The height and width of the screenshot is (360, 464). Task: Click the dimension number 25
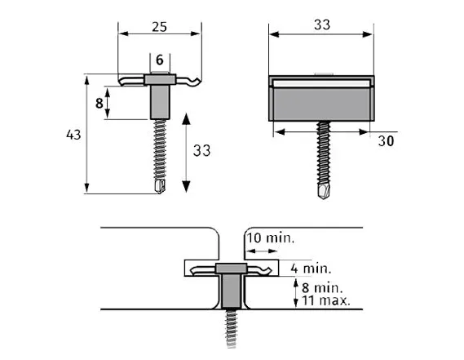click(160, 28)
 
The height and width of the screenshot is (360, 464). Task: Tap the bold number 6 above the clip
click(160, 60)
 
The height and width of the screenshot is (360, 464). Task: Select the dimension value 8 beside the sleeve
click(99, 103)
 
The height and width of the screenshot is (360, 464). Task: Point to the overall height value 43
click(73, 135)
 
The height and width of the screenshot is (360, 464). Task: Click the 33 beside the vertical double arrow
click(201, 149)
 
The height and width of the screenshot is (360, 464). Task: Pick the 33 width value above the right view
click(321, 24)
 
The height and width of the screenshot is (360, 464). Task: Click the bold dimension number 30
click(387, 140)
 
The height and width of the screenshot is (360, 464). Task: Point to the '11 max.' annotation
click(324, 300)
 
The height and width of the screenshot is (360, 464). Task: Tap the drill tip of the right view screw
click(324, 190)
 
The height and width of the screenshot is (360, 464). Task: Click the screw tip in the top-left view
click(160, 187)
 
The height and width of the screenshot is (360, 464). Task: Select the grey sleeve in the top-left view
click(160, 102)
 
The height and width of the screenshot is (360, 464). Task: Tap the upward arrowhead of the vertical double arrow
click(187, 118)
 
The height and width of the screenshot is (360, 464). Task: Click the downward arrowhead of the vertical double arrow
click(187, 186)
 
